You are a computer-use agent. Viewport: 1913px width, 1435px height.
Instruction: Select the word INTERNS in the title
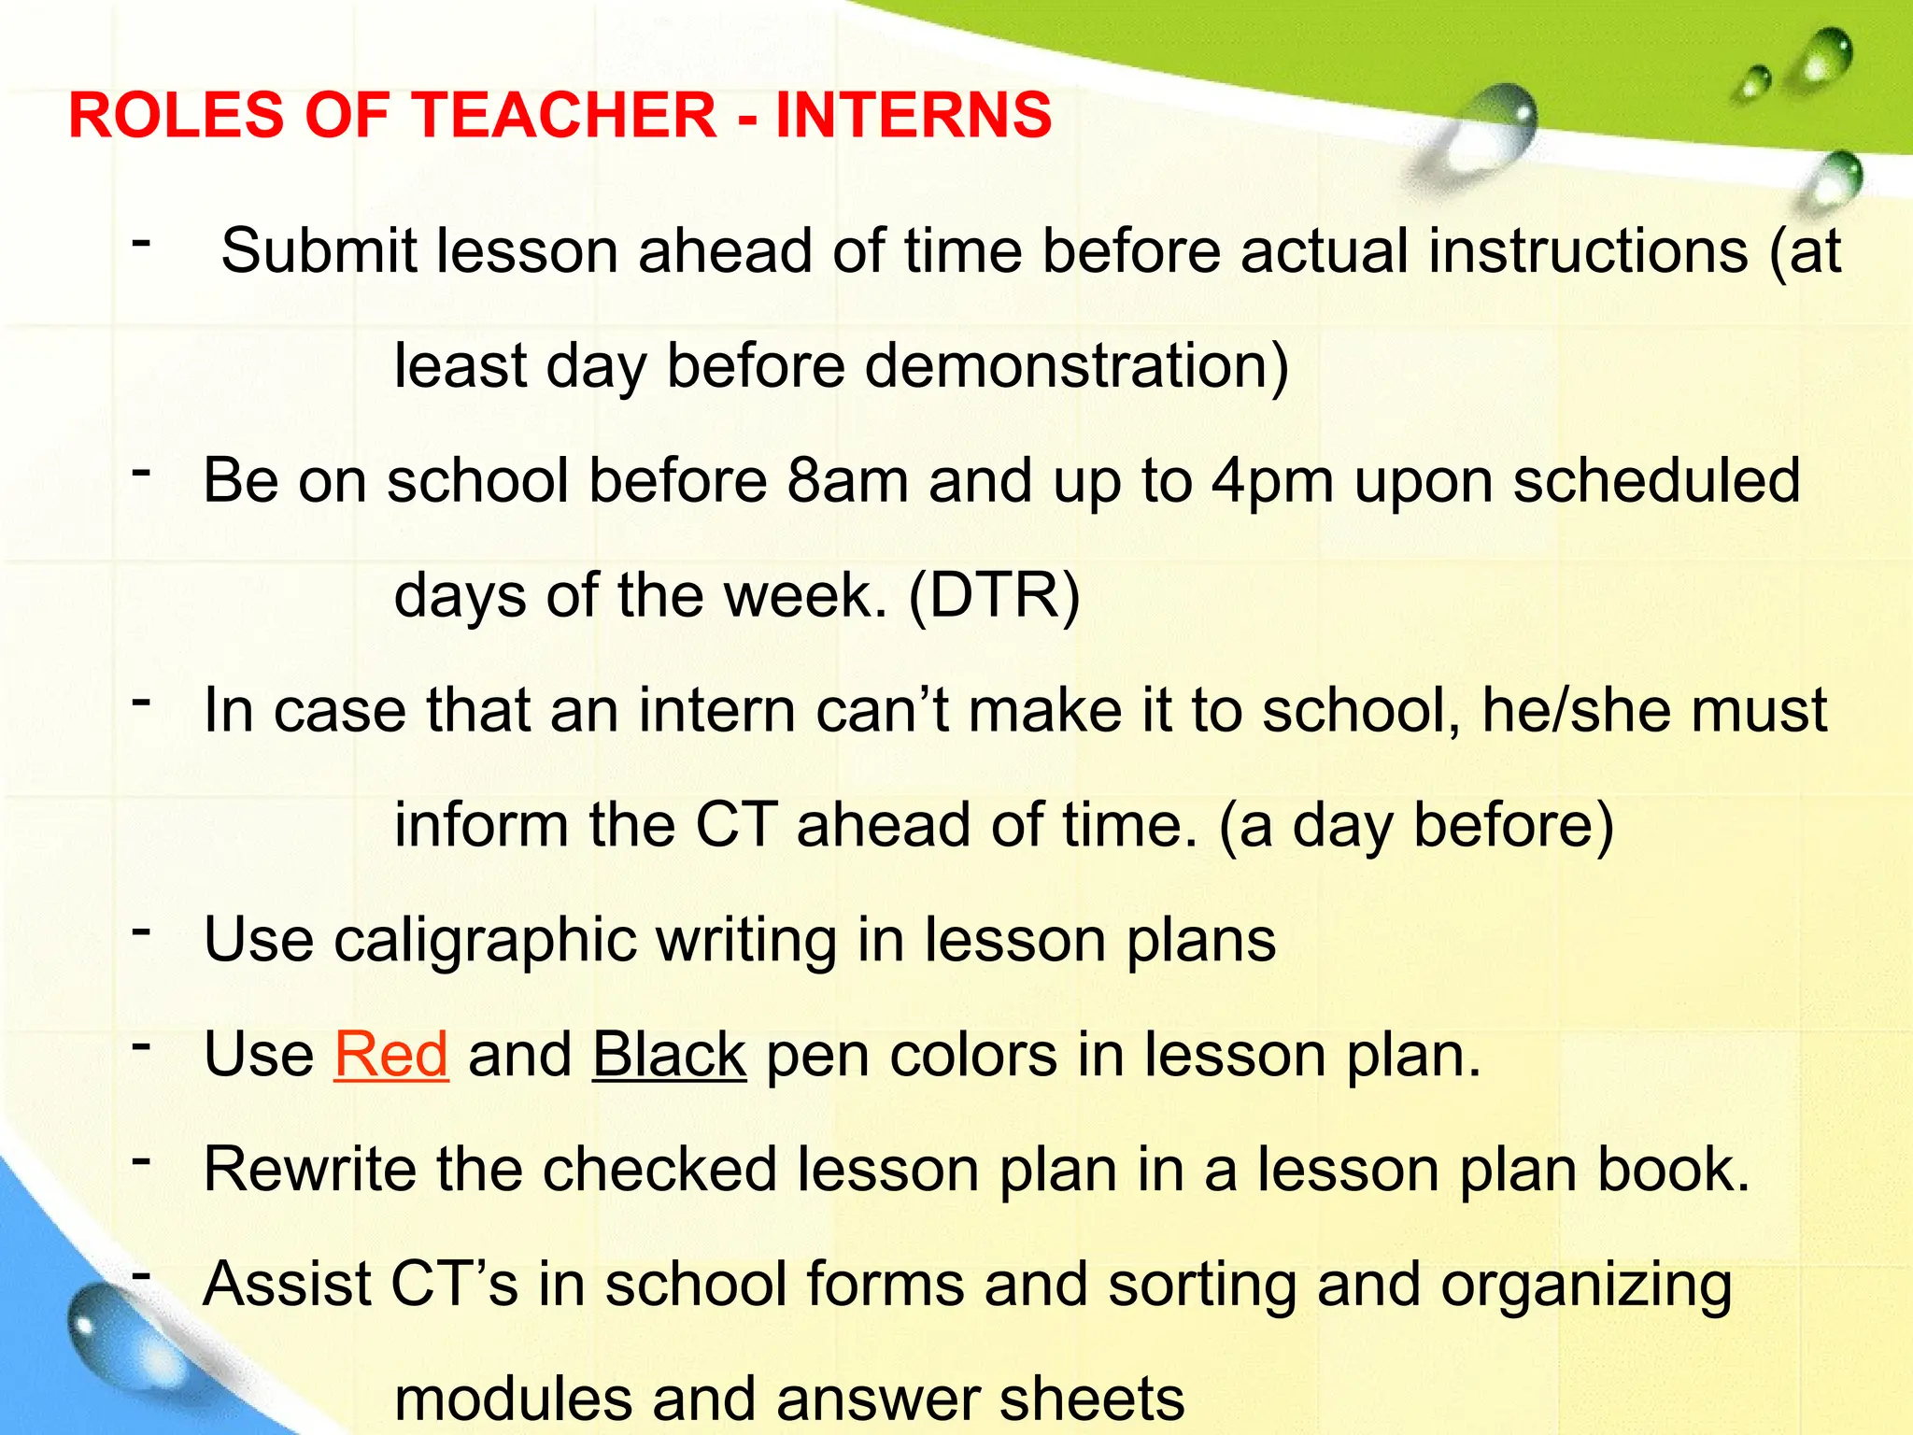click(x=913, y=115)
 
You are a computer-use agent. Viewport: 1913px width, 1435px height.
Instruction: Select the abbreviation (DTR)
click(x=994, y=595)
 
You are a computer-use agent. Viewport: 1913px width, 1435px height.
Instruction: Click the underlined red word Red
click(x=391, y=1055)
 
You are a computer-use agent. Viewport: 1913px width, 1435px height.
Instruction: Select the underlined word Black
click(x=669, y=1055)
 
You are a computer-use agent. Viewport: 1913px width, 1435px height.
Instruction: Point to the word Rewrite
click(x=309, y=1170)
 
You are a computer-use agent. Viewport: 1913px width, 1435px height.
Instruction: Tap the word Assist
click(x=288, y=1285)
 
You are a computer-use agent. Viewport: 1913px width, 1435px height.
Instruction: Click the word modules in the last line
click(x=512, y=1399)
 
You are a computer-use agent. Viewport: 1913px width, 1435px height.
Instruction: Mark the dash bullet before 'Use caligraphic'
click(x=141, y=931)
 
